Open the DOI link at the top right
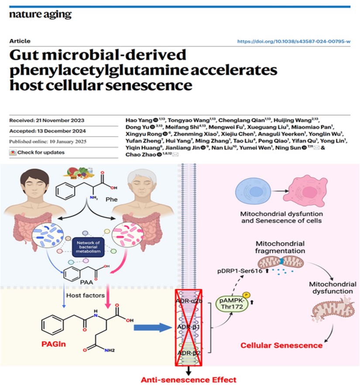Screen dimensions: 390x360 [x=294, y=41]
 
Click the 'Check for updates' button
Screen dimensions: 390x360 [x=37, y=152]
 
